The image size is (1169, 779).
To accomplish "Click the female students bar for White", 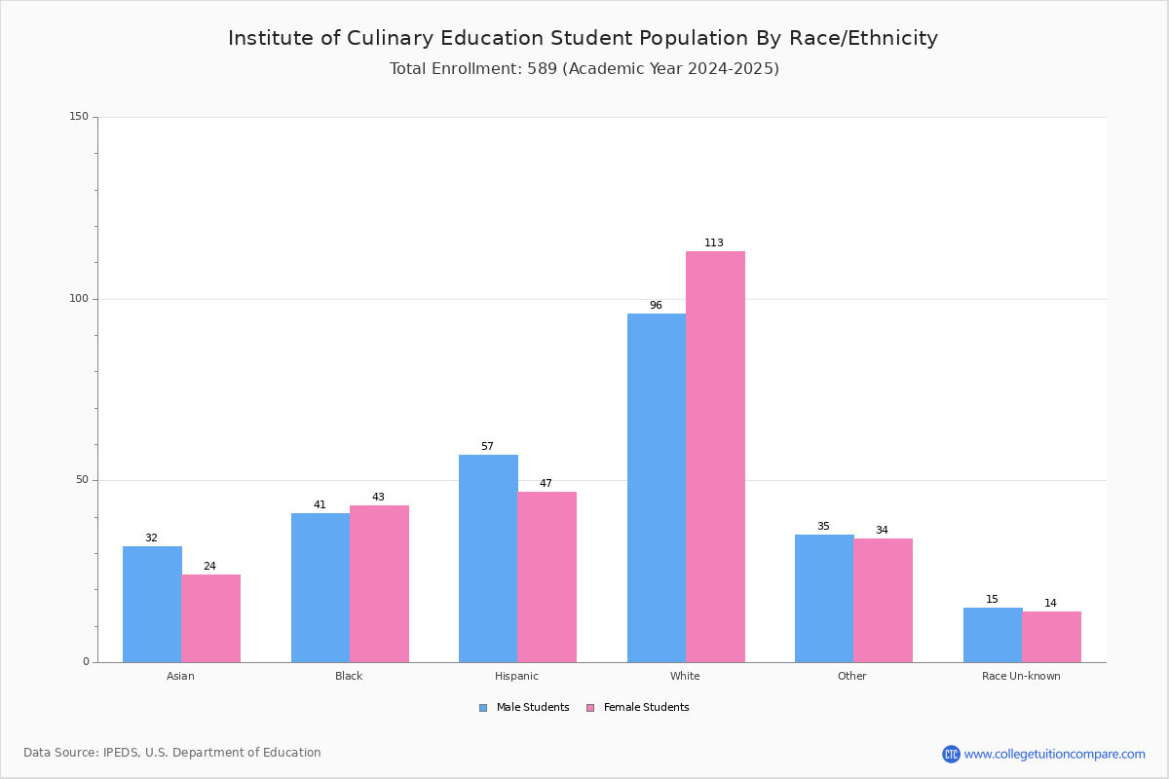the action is click(x=715, y=457).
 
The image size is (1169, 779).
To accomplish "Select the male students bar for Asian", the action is click(x=152, y=604).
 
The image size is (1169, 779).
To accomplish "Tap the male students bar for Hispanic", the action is click(x=488, y=558).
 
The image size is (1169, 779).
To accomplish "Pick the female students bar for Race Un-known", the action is click(x=1051, y=637).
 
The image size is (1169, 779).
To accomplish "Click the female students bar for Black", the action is click(x=379, y=584).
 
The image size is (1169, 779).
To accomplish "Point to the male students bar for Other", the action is click(x=824, y=599).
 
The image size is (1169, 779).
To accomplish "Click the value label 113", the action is click(x=714, y=242).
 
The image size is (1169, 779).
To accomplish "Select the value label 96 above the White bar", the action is click(x=656, y=305).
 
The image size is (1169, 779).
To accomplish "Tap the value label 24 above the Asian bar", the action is click(x=209, y=566).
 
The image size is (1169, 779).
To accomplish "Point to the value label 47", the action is click(x=546, y=483).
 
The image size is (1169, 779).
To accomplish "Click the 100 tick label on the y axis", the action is click(x=79, y=298).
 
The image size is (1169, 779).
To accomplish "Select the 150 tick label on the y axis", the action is click(x=79, y=116).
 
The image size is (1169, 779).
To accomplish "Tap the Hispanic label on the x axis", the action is click(x=516, y=676).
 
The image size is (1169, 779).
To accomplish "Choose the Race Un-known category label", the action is click(x=1021, y=676).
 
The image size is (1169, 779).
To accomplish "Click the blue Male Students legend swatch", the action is click(x=483, y=708).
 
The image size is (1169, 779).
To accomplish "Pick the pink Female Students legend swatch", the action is click(x=590, y=708).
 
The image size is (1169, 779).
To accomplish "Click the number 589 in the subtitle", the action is click(x=543, y=69).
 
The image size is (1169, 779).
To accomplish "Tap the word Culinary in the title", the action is click(x=390, y=39).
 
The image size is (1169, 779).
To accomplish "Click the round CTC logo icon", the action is click(x=951, y=754).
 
